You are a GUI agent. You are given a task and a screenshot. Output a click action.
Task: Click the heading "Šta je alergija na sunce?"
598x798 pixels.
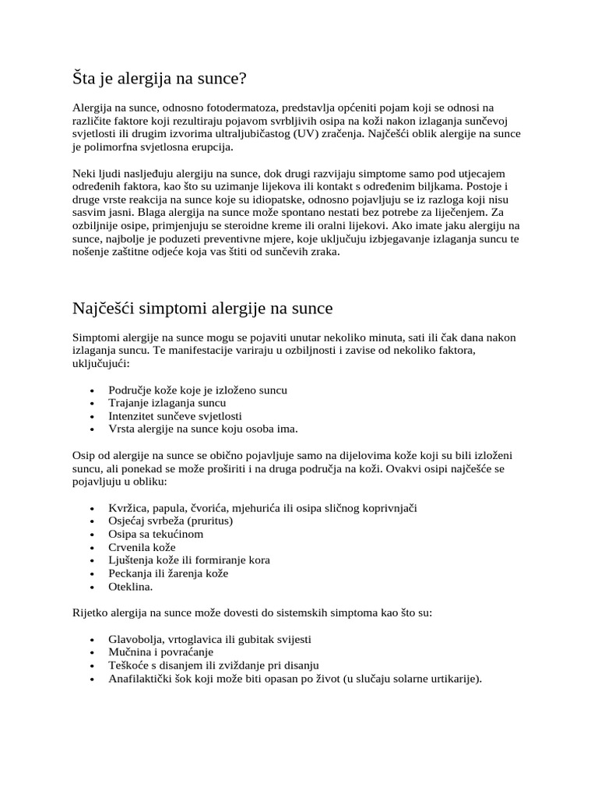click(160, 79)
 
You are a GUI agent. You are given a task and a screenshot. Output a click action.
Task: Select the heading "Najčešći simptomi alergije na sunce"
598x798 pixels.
click(202, 308)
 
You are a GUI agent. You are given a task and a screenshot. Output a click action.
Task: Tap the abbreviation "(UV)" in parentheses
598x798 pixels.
click(311, 133)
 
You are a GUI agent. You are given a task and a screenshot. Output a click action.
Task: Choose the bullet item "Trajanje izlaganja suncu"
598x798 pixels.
click(167, 403)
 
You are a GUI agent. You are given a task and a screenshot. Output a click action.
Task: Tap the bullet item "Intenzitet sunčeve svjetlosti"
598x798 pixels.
click(176, 416)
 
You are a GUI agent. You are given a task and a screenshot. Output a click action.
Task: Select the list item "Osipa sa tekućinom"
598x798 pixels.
click(156, 534)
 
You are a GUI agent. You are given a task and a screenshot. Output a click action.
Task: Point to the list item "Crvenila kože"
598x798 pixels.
click(142, 547)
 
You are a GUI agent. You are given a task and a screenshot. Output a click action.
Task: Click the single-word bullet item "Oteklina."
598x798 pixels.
click(131, 587)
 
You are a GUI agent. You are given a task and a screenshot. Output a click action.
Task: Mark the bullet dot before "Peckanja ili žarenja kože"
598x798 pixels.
click(93, 574)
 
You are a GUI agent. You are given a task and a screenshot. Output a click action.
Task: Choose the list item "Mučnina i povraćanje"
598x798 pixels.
click(161, 652)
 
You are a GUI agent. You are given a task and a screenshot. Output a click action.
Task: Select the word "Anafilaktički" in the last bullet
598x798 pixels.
click(141, 679)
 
